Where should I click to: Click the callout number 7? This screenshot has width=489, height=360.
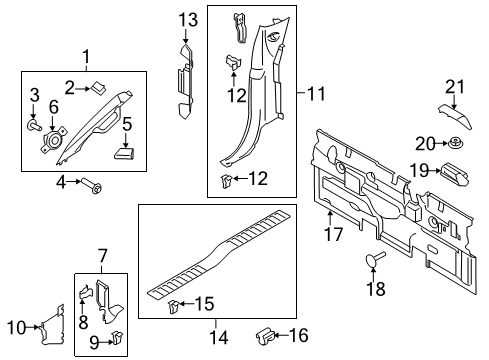101,259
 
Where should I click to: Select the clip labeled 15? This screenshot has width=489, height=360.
175,304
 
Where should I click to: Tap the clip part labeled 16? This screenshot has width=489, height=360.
266,334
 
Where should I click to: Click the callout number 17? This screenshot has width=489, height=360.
331,235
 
